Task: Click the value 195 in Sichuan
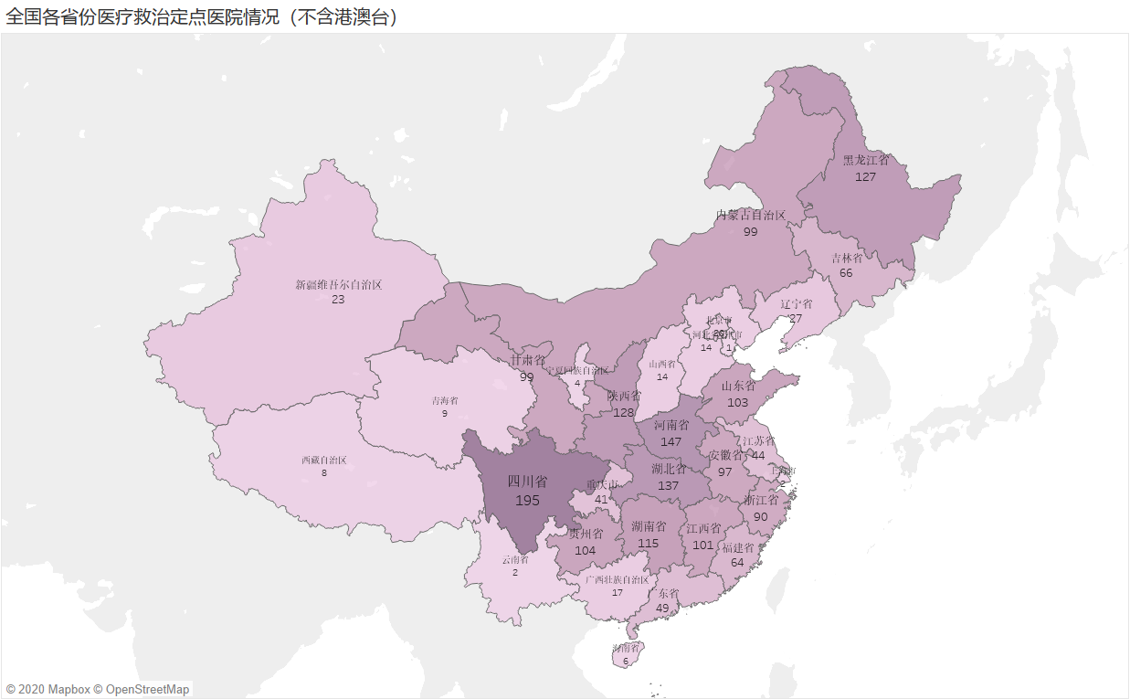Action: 527,501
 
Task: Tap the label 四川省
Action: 527,482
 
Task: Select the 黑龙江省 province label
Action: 865,160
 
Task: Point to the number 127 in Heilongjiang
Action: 865,176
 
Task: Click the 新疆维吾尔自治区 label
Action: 338,285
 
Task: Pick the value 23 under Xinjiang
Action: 338,299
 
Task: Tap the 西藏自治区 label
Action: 324,460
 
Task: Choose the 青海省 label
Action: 445,400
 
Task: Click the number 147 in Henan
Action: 671,441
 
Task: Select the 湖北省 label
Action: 669,470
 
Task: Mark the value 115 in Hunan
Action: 648,543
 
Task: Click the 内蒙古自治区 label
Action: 750,216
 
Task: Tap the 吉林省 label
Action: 846,259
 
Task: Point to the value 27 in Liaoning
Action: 795,318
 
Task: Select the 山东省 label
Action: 738,386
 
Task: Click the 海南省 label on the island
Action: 626,648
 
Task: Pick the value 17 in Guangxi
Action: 618,592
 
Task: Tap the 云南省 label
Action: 515,559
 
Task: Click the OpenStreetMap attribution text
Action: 147,689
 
